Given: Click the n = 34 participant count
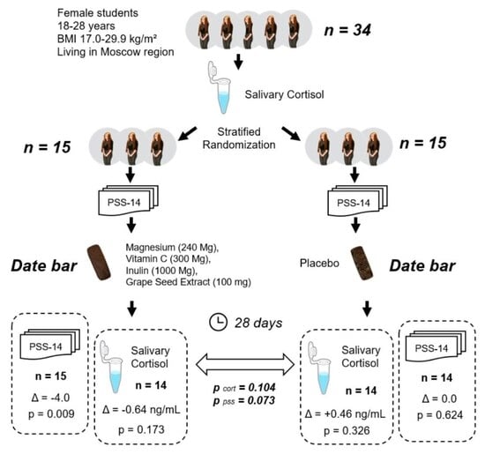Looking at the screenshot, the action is pos(347,30).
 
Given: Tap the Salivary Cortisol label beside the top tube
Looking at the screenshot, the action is pos(284,94).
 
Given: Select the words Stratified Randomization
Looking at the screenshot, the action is pos(239,138).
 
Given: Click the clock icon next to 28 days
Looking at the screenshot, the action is pos(219,322).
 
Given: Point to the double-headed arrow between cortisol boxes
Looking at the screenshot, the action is pos(245,364).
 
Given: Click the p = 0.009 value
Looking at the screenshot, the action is pos(51,413).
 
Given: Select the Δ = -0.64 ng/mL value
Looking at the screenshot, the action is pos(141,410).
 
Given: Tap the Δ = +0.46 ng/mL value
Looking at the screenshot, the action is pos(345,413).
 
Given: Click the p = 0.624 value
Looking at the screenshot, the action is pos(440,415).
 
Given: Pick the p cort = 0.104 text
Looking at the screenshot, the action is pos(244,388).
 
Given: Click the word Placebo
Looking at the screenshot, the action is pos(319,264).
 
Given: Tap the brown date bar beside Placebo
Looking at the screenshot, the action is pos(362,264).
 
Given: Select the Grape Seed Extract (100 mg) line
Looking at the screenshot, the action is pos(189,282).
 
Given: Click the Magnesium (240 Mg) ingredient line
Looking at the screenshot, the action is pos(172,248).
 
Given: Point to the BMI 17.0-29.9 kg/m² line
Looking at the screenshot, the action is pos(107,39).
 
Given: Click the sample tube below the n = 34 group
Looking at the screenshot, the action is pos(220,87).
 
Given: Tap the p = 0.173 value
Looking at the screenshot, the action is pos(141,429).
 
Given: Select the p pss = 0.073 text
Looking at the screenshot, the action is pos(244,401).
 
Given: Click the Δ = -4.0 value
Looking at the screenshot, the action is pos(51,398).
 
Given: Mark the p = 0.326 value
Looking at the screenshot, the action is pos(347,430).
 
